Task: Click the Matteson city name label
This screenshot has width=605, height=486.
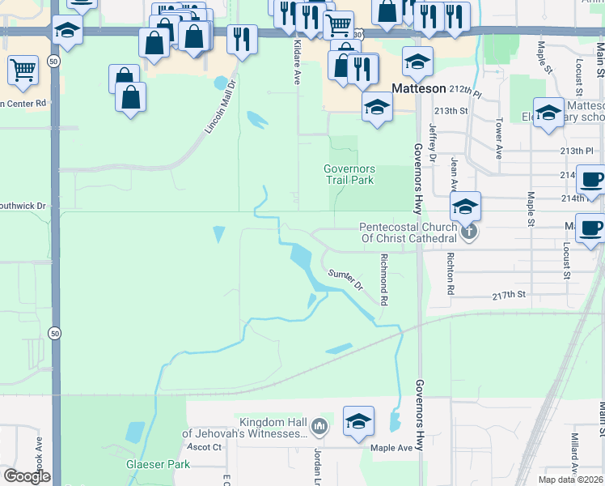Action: coord(419,87)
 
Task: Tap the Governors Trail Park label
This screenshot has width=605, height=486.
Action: coord(349,174)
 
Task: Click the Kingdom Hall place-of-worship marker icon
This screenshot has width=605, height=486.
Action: coord(320,425)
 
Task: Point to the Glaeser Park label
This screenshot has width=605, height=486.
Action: coord(158,464)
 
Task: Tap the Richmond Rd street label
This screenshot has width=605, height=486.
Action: coord(385,279)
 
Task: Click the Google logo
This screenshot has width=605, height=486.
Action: coord(26,475)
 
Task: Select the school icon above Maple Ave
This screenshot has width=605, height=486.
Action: coord(358,421)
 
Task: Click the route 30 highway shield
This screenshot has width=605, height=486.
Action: coord(359,34)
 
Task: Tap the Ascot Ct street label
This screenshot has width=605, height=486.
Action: coord(204,447)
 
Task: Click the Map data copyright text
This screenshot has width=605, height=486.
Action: coord(569,480)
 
